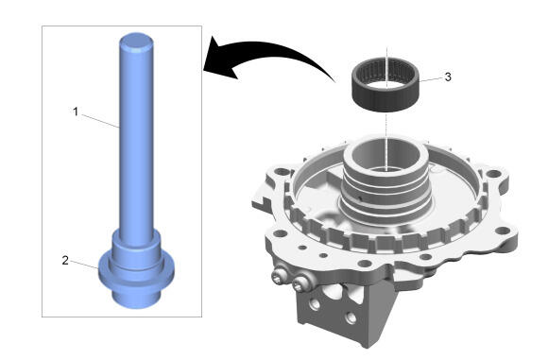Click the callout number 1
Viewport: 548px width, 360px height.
76,111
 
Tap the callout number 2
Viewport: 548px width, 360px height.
65,261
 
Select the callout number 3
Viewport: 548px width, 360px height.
448,77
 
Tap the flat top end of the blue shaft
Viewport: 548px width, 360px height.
136,41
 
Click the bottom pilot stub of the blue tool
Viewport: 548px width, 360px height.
136,297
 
